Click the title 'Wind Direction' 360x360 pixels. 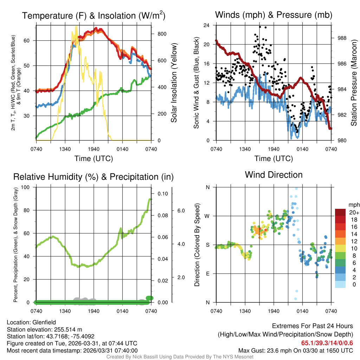tap(274, 175)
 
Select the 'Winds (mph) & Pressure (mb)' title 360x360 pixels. tap(274, 15)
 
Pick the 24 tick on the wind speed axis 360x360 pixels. tap(207, 25)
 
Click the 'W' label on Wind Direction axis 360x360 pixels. tap(207, 216)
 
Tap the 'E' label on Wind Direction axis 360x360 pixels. tap(207, 274)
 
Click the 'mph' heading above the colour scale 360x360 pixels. tap(353, 205)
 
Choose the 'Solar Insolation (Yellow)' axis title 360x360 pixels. tap(174, 83)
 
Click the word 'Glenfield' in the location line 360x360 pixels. tap(44, 322)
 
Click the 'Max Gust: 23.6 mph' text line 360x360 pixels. tap(295, 351)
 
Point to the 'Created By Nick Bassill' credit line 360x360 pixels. tap(180, 357)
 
